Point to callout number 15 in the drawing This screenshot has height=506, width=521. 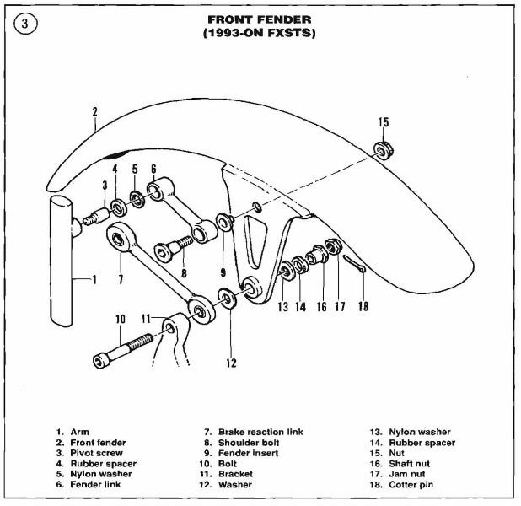click(384, 123)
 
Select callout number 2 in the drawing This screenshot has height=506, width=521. click(94, 111)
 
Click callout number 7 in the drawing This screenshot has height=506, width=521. click(121, 277)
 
